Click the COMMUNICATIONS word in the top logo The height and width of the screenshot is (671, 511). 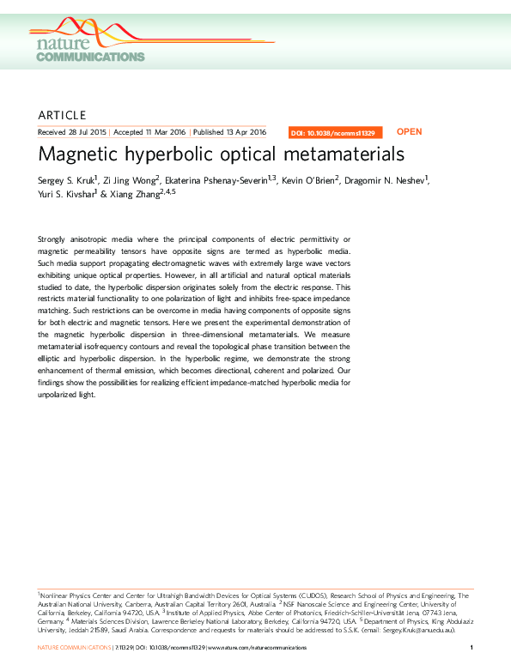click(89, 57)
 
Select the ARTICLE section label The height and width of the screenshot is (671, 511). click(63, 115)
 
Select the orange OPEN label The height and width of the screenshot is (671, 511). click(409, 132)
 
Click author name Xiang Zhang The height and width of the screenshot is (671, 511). click(138, 193)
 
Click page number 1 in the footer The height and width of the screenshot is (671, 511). click(472, 647)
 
